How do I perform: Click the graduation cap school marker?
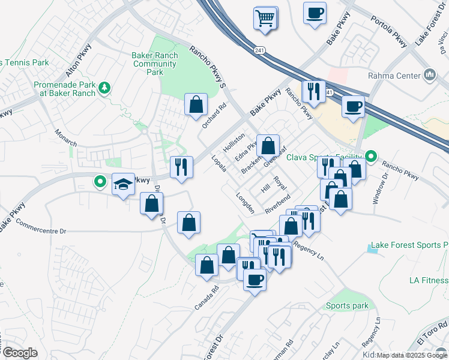point(123,184)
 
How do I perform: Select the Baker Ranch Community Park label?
point(155,64)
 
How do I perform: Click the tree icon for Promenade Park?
point(105,88)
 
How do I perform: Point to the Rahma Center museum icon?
point(430,75)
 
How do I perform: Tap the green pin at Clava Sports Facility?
point(371,158)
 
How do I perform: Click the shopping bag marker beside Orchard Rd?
point(196,105)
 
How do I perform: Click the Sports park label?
point(347,305)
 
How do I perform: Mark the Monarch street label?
point(66,138)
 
